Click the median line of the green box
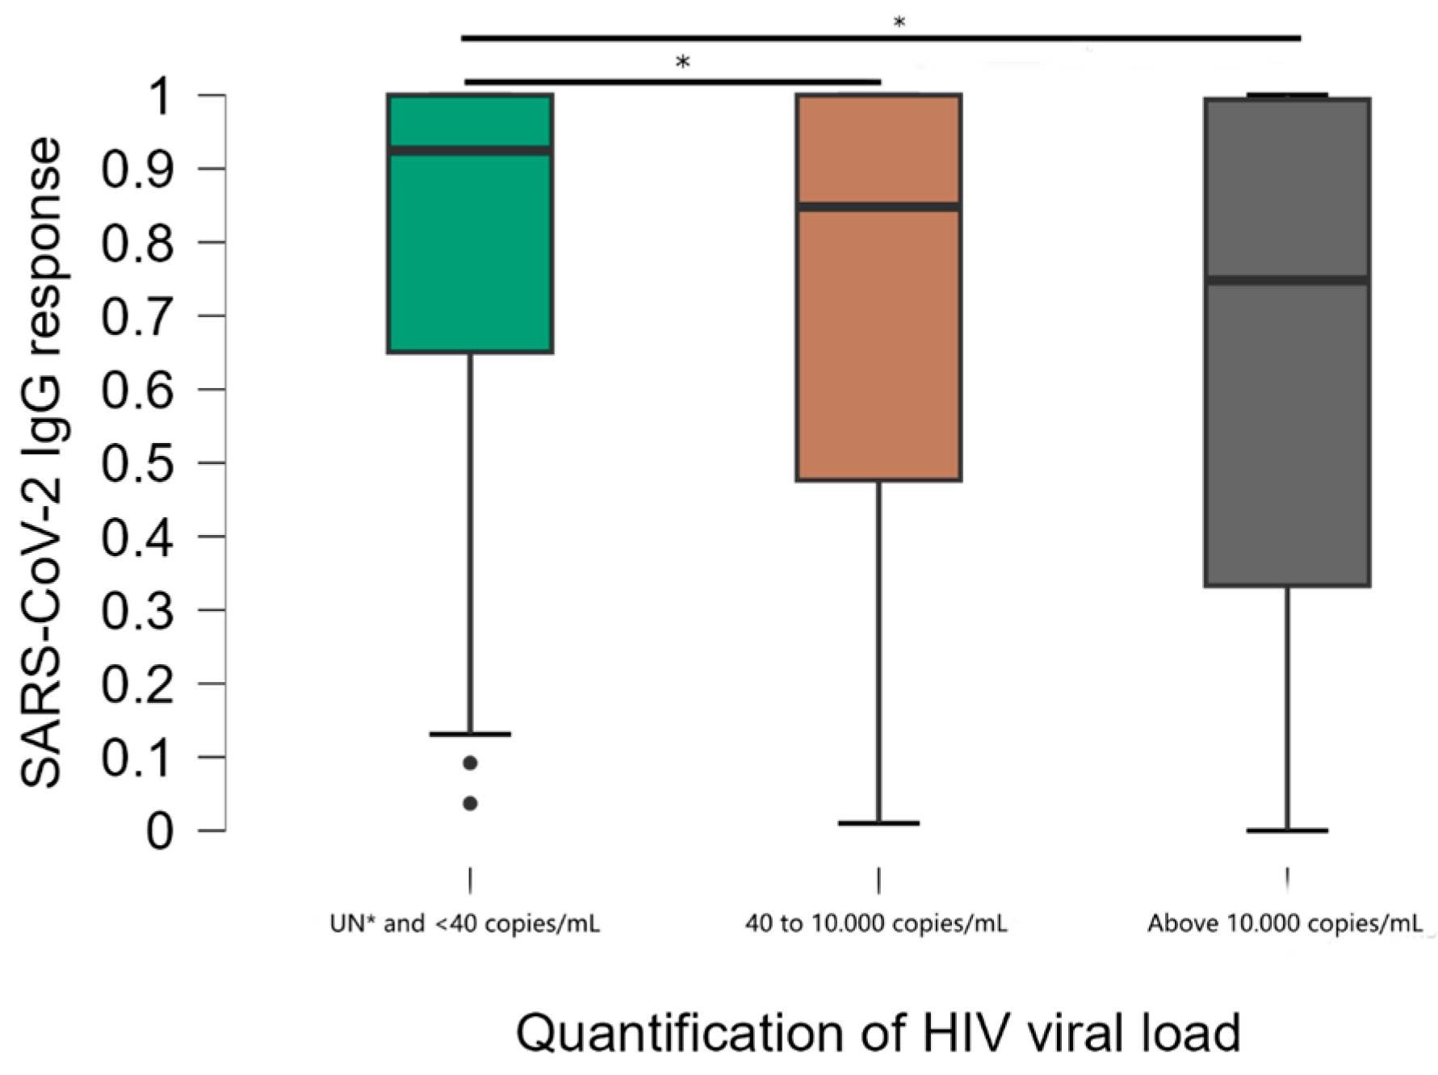(470, 151)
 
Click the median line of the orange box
(878, 207)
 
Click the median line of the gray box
(1287, 280)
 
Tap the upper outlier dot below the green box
(470, 763)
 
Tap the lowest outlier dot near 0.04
(470, 803)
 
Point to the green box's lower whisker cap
(470, 734)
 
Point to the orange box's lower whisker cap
(878, 823)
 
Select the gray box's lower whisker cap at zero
(1287, 830)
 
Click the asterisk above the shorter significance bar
(683, 62)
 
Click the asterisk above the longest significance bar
(899, 23)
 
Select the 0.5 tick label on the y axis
(136, 462)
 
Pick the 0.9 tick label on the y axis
(136, 169)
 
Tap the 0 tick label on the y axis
(159, 830)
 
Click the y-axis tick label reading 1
(159, 96)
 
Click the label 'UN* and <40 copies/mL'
(465, 923)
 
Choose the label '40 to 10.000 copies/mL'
(876, 923)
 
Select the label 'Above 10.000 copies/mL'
(1285, 923)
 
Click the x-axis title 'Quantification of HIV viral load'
(878, 1032)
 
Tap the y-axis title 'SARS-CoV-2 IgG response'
(40, 462)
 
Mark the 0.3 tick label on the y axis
(136, 610)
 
